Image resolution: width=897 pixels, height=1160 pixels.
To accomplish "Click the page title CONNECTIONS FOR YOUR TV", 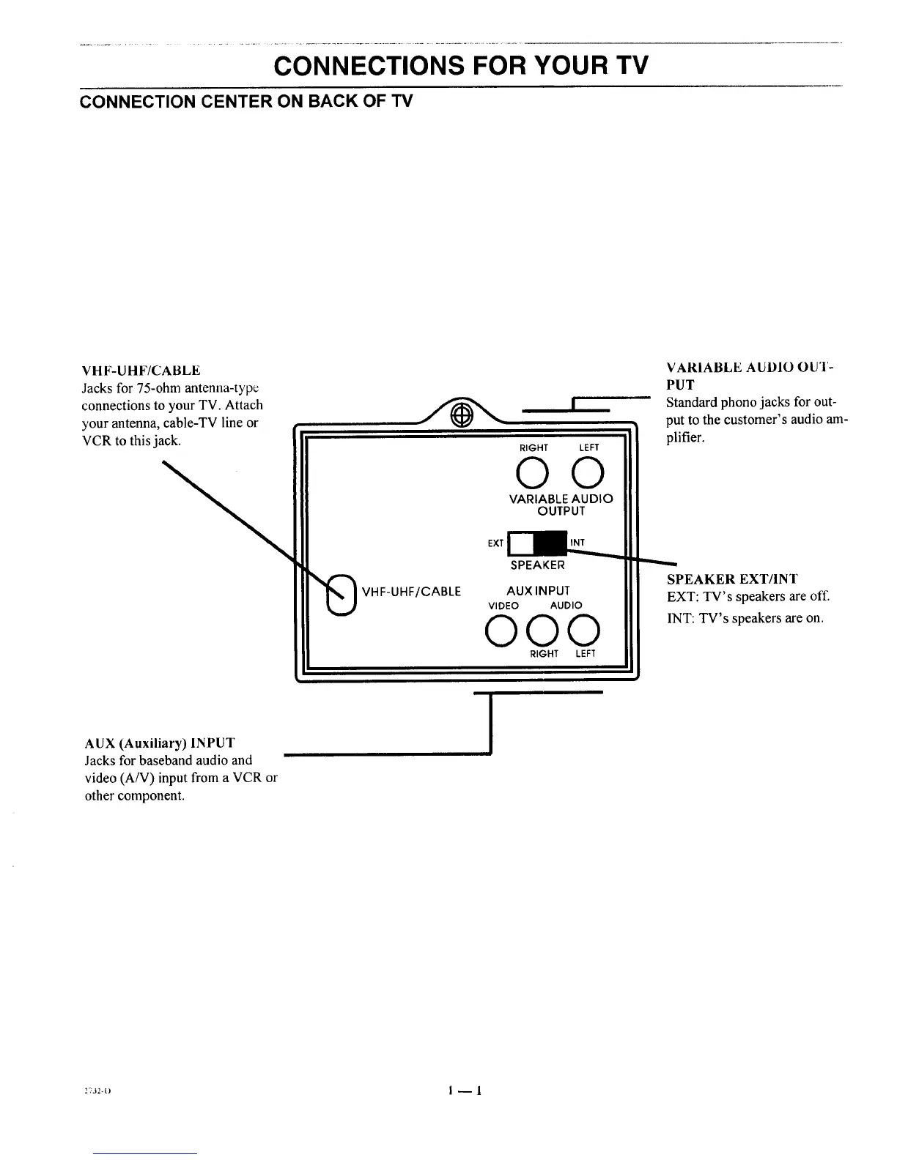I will (x=461, y=67).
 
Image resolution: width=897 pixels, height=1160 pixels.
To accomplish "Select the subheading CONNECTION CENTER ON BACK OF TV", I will (x=246, y=101).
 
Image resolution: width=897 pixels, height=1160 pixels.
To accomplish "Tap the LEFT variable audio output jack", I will (x=588, y=472).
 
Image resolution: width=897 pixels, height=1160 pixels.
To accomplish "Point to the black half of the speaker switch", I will (x=551, y=543).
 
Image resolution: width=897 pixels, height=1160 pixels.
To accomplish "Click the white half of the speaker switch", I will (x=521, y=543).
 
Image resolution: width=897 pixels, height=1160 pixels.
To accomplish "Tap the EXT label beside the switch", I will (x=495, y=543).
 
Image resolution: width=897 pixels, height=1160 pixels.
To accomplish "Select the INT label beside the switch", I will (x=577, y=543).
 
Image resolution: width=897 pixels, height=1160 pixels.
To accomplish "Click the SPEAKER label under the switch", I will (x=538, y=565).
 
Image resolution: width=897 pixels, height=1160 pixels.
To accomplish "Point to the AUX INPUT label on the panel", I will (x=538, y=590).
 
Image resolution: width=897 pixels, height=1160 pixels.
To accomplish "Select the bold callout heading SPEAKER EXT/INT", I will (x=732, y=579).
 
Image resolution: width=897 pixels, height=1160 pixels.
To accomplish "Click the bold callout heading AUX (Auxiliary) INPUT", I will (x=160, y=743).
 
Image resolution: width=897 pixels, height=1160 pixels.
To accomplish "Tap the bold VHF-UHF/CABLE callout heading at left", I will (x=141, y=371).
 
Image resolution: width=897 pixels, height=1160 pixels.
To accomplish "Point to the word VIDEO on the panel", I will (x=503, y=606).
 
